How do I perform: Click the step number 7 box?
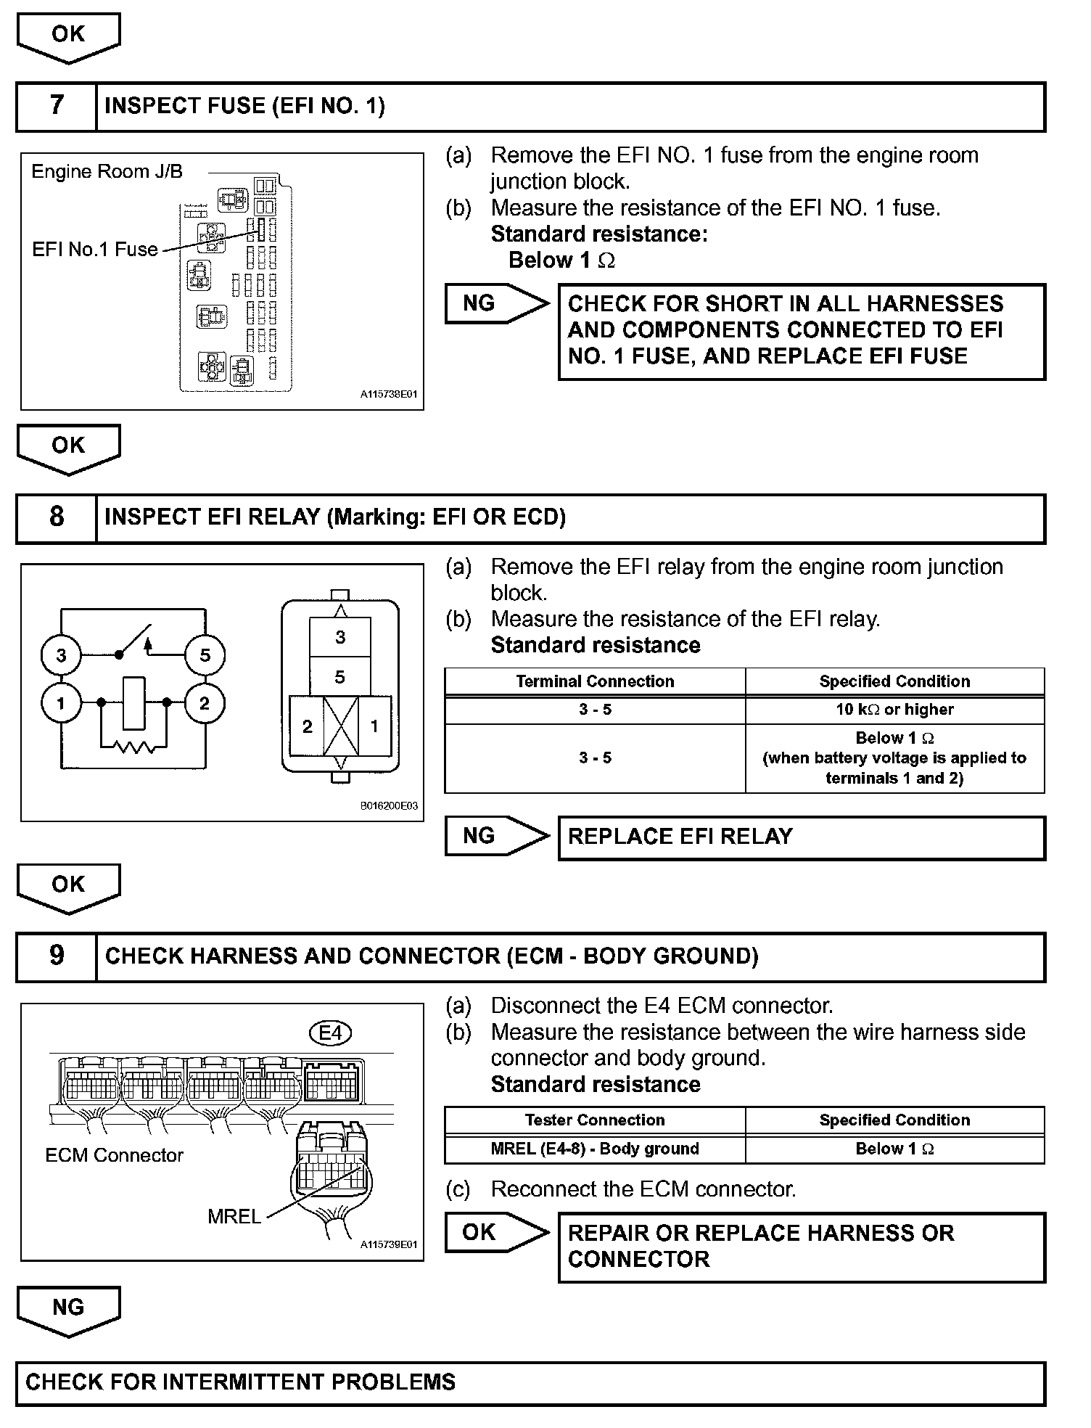pyautogui.click(x=57, y=106)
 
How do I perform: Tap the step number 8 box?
pyautogui.click(x=57, y=517)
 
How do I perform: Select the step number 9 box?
pyautogui.click(x=57, y=956)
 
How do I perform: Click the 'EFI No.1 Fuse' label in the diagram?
pyautogui.click(x=95, y=250)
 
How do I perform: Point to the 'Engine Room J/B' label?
pyautogui.click(x=107, y=172)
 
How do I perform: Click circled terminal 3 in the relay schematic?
pyautogui.click(x=61, y=655)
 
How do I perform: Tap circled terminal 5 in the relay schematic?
pyautogui.click(x=205, y=655)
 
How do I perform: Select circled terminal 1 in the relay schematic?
pyautogui.click(x=61, y=703)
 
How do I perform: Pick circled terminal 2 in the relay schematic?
pyautogui.click(x=205, y=703)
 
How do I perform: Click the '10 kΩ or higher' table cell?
pyautogui.click(x=894, y=710)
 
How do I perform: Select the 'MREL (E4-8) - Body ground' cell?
pyautogui.click(x=595, y=1149)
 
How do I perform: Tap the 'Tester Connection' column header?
pyautogui.click(x=595, y=1120)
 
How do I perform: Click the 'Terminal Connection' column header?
pyautogui.click(x=595, y=681)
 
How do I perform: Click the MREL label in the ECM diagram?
pyautogui.click(x=234, y=1216)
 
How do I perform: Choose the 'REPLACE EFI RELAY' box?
pyautogui.click(x=801, y=837)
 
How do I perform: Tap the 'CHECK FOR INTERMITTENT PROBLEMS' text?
pyautogui.click(x=241, y=1382)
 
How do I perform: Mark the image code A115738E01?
pyautogui.click(x=389, y=395)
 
